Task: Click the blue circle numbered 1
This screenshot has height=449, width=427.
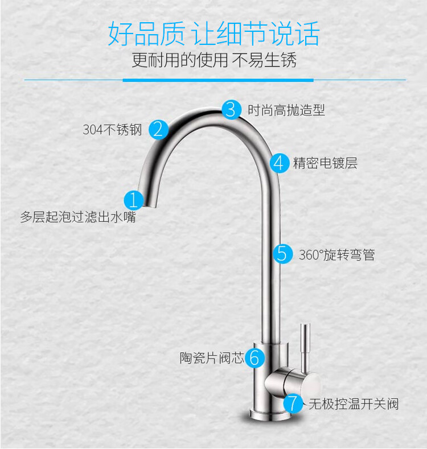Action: point(133,200)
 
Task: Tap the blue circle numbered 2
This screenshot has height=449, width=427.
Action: point(159,129)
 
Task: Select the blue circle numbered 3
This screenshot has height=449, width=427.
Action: point(231,109)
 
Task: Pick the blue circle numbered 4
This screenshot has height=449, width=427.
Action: point(279,163)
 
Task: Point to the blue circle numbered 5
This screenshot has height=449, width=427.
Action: point(282,253)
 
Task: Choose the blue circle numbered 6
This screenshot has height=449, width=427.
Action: point(255,358)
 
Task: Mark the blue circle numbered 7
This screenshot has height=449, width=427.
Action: point(293,403)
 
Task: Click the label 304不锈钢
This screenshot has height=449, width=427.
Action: point(112,130)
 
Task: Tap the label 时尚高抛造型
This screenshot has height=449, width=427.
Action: point(286,110)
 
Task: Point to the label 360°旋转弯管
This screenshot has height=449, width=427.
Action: point(336,254)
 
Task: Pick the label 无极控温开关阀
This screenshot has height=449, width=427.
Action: point(353,404)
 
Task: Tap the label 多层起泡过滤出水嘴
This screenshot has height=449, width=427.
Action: point(78,217)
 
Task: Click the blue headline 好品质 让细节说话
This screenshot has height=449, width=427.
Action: point(213,34)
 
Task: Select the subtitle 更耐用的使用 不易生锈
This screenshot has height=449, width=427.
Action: point(213,60)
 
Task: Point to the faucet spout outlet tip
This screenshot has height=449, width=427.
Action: point(147,204)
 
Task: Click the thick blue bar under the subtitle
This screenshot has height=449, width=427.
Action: point(218,80)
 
